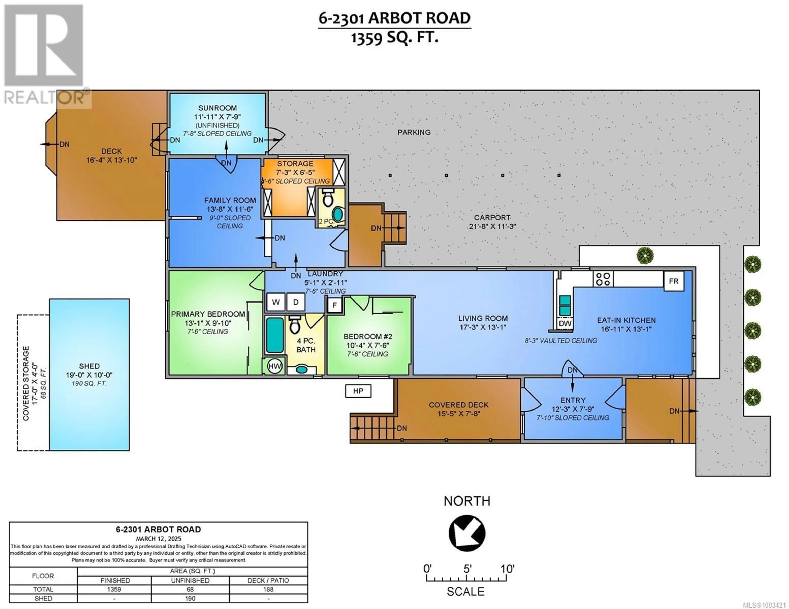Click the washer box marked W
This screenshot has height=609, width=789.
[276, 302]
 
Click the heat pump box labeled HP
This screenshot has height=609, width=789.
[358, 391]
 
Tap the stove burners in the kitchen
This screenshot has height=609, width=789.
[603, 279]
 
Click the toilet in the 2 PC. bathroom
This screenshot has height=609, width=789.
[328, 197]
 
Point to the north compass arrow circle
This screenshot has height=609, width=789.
[467, 533]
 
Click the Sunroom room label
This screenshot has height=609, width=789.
[217, 108]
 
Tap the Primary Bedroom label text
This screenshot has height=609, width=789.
[208, 314]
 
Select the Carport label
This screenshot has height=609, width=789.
[492, 218]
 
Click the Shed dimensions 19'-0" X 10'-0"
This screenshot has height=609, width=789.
[89, 375]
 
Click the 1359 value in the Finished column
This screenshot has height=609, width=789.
[114, 589]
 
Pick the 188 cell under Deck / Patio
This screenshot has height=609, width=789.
[268, 589]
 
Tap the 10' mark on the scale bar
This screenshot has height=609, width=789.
[507, 569]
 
